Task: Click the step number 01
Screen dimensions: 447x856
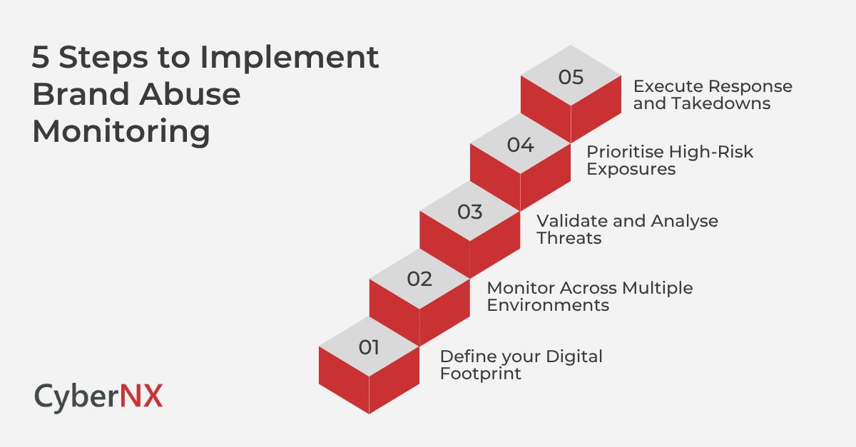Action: tap(369, 347)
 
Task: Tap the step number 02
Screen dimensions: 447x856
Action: tap(419, 279)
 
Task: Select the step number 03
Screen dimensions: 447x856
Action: tap(469, 212)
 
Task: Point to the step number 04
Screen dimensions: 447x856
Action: tap(520, 145)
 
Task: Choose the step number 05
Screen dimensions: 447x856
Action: tap(571, 77)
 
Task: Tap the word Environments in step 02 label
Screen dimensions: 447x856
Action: tap(547, 306)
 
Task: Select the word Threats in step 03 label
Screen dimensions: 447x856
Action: tap(569, 238)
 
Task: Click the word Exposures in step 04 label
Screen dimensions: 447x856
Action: tap(631, 170)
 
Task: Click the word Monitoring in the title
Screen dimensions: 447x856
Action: tap(121, 133)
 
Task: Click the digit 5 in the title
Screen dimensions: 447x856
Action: tap(41, 58)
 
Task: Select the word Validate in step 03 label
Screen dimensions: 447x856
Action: tap(571, 220)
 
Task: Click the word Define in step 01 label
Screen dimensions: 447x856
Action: tap(464, 356)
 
